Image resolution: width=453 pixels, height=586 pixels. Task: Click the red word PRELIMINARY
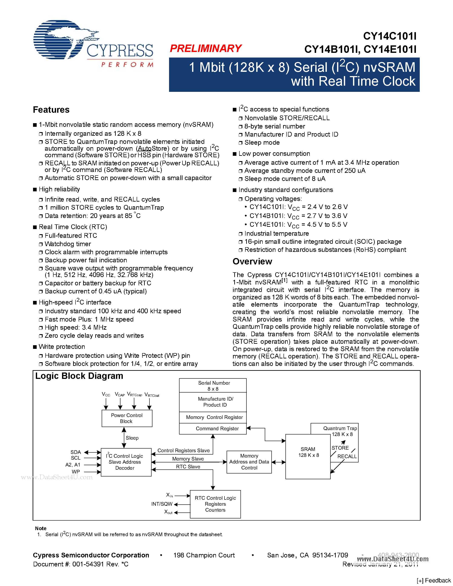[x=206, y=49]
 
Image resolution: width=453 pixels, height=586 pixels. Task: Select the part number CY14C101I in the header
[x=390, y=36]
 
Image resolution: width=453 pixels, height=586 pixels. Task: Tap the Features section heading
[x=51, y=110]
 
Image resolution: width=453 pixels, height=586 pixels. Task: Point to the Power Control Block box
[x=127, y=418]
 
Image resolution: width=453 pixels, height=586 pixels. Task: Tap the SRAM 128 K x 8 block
[x=308, y=456]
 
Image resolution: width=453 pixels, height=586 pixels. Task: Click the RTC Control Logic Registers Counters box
[x=215, y=504]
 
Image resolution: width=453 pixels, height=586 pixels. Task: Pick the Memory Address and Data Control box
[x=249, y=462]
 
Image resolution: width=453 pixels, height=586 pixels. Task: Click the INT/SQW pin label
[x=162, y=504]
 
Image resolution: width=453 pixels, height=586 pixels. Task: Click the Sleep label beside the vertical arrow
[x=132, y=438]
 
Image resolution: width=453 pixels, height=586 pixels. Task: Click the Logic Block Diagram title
[x=79, y=376]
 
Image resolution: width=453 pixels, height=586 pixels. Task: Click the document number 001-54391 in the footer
[x=88, y=564]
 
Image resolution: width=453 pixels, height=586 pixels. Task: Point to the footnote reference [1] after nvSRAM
[x=284, y=281]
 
